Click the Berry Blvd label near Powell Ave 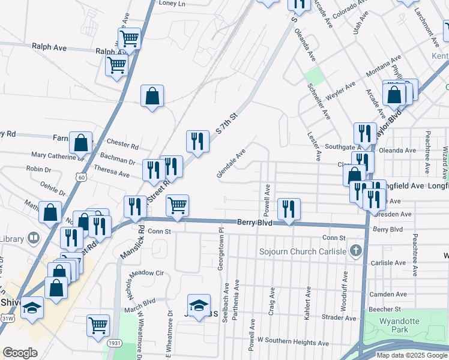254,223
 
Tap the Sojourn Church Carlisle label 303,250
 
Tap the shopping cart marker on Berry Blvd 177,205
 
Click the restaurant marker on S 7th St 197,142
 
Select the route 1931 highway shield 115,343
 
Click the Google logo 20,353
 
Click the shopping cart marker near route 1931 98,326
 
